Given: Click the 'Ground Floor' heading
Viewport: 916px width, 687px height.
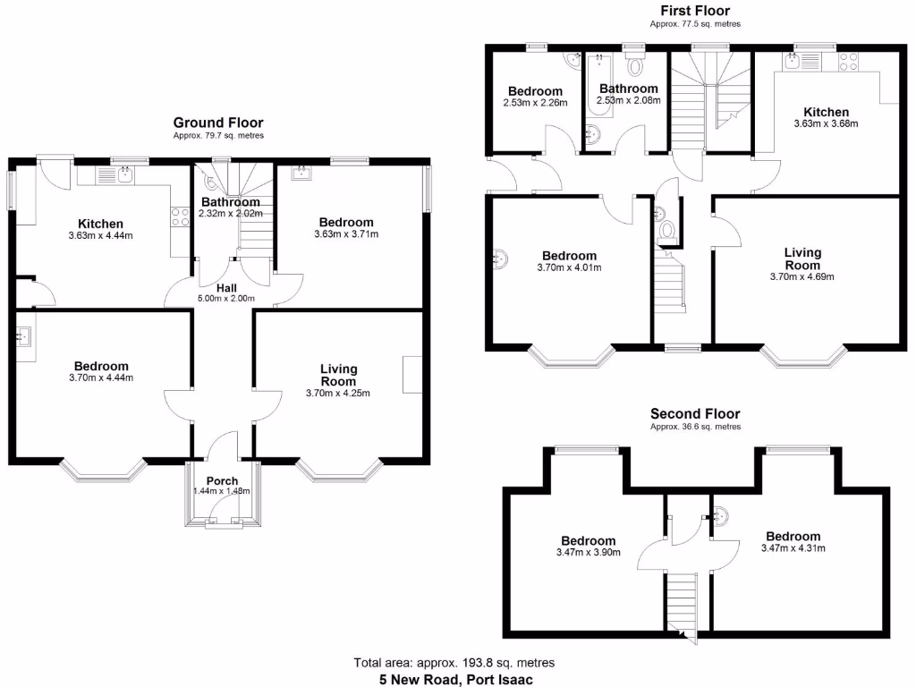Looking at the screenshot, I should [x=218, y=123].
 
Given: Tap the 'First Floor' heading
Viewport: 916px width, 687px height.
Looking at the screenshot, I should [x=694, y=11].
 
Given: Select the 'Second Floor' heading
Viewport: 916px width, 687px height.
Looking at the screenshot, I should [x=695, y=414].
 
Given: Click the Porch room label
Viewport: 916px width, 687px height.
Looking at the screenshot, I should [x=222, y=480].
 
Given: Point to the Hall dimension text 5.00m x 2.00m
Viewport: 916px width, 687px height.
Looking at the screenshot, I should [x=226, y=299].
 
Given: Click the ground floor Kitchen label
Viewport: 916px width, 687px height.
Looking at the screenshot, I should [x=100, y=224].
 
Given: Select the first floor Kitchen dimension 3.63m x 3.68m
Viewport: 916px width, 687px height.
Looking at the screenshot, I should [x=826, y=123].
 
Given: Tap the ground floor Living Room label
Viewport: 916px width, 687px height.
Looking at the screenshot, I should [x=338, y=375].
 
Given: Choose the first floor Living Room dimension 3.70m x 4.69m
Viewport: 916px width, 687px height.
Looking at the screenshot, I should [x=801, y=276].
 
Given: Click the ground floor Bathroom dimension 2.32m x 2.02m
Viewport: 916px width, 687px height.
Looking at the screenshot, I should [x=230, y=214].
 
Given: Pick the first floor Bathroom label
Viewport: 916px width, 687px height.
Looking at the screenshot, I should [x=628, y=89].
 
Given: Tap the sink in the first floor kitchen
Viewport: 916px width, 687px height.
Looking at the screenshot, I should [x=793, y=62].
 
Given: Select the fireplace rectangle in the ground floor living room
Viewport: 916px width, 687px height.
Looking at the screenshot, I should [x=412, y=374].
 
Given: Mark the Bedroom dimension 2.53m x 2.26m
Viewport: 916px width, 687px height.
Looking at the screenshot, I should [x=535, y=102].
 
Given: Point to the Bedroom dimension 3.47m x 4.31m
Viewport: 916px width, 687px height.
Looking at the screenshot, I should [x=793, y=547].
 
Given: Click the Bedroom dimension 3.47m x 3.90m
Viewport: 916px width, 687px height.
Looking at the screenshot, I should [x=588, y=552].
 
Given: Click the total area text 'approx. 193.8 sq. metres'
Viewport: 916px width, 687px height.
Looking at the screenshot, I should [x=491, y=663].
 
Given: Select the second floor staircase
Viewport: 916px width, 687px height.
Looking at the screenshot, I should [x=682, y=603].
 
